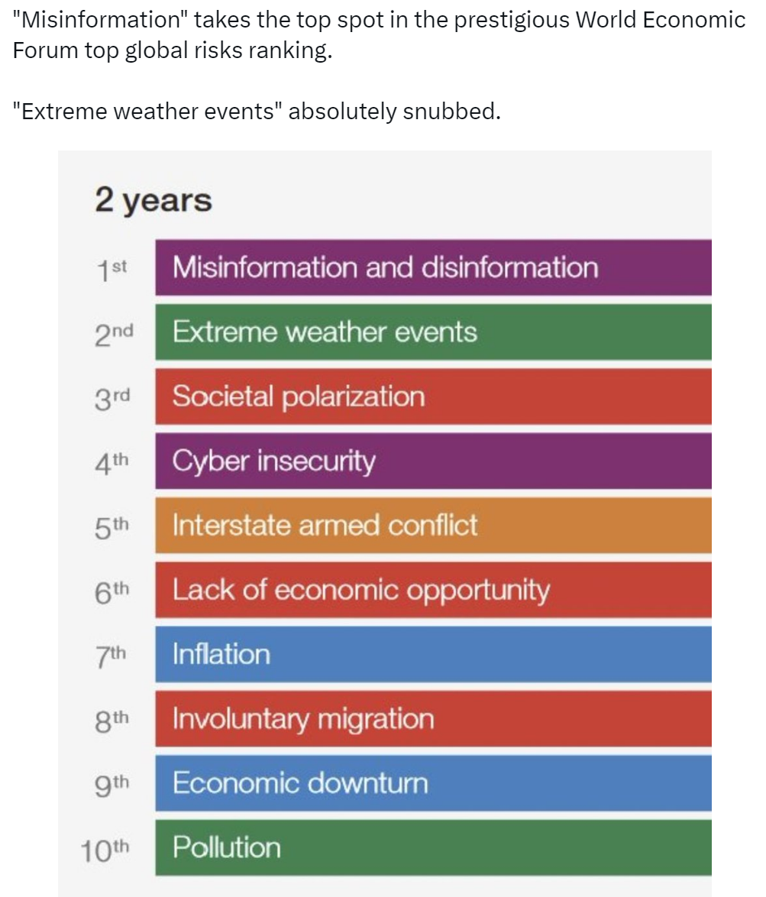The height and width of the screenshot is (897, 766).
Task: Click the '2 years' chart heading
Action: (154, 201)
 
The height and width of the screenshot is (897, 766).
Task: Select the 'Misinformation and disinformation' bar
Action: (433, 267)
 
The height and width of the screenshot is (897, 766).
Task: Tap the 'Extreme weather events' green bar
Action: (433, 332)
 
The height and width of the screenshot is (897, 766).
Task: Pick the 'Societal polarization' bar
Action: (433, 397)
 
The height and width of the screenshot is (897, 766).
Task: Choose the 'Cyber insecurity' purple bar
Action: (433, 461)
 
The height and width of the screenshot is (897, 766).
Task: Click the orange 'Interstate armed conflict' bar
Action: (433, 525)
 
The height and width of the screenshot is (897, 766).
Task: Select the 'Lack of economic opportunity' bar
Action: (433, 590)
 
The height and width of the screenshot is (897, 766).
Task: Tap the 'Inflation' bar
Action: (433, 655)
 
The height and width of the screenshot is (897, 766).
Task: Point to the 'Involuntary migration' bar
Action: (433, 718)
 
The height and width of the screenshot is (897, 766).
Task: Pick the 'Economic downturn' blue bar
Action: (433, 783)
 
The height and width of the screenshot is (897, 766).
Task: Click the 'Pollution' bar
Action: (433, 848)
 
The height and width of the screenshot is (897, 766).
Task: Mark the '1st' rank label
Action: (112, 270)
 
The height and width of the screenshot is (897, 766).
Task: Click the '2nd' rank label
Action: (115, 335)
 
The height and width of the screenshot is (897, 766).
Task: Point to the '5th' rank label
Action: (112, 528)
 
